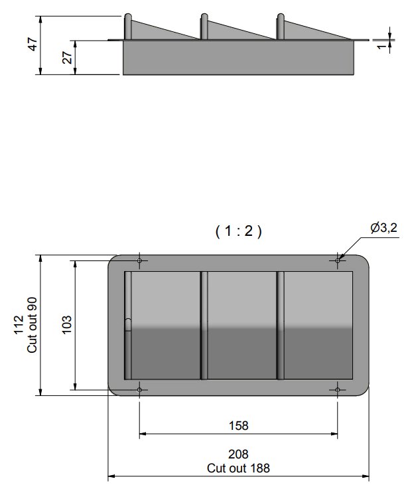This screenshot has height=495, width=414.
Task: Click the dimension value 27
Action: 67,58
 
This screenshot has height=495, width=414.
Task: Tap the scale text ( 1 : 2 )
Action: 239,231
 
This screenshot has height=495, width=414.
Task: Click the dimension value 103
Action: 66,324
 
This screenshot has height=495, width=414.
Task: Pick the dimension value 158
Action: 238,426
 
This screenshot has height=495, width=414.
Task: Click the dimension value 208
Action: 238,454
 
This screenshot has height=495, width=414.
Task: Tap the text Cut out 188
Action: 238,467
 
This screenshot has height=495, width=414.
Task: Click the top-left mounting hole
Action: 139,260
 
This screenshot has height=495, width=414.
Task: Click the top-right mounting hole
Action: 338,260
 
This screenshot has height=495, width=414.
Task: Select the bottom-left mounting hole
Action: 139,389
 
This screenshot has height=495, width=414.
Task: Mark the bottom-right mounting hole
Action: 338,389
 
